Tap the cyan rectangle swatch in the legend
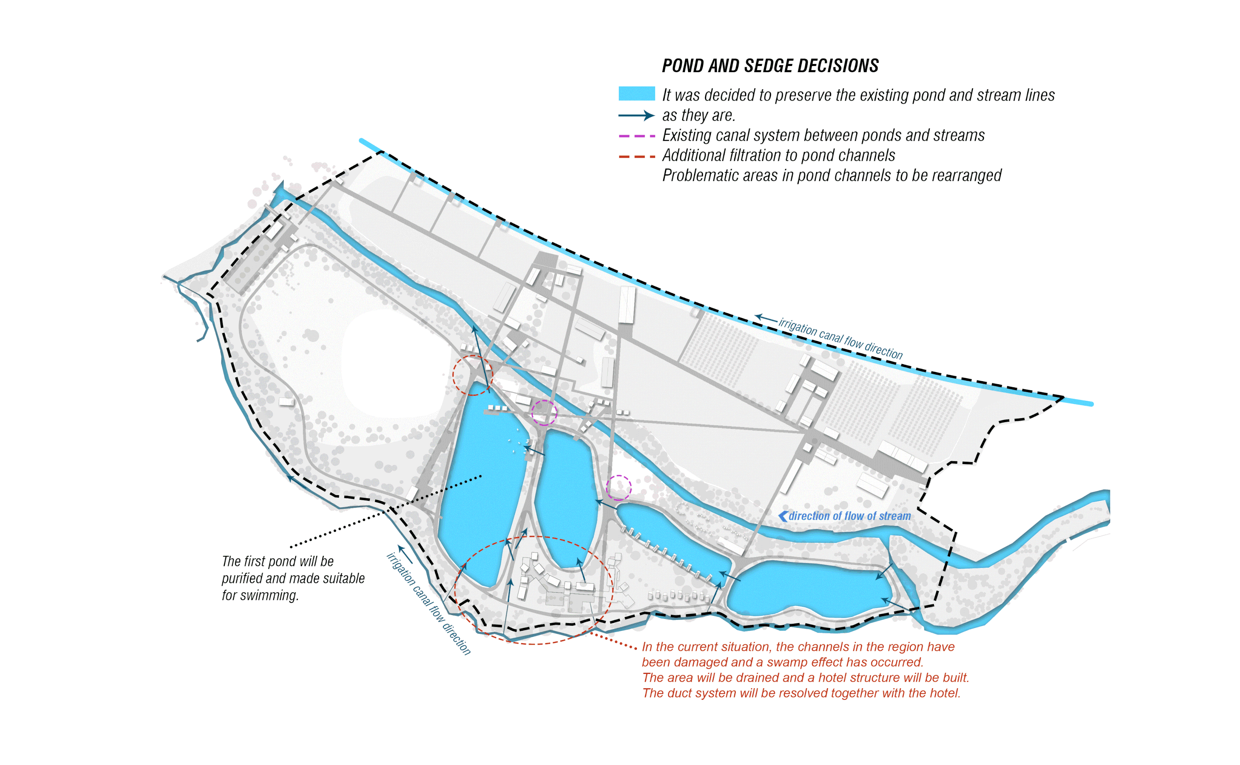click(637, 94)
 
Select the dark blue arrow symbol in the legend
click(637, 115)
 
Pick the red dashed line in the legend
click(637, 156)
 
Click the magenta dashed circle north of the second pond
click(544, 412)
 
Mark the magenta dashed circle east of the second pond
click(619, 488)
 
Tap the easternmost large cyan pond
click(808, 589)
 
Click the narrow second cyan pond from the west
click(566, 496)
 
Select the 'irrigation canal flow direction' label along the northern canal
click(840, 338)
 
